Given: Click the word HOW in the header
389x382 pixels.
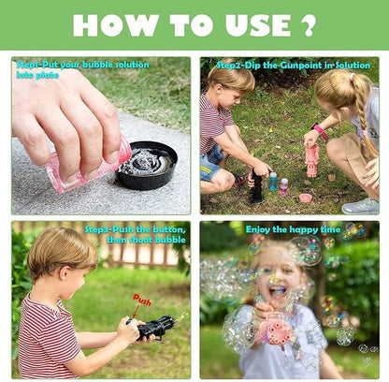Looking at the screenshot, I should coord(110,25).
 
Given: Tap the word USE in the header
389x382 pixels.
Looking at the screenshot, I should coord(246,25).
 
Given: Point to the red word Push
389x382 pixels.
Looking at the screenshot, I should coord(141,300).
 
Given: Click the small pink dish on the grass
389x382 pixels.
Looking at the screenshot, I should coord(305,198).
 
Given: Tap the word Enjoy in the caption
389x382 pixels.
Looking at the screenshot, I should coord(258,228).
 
